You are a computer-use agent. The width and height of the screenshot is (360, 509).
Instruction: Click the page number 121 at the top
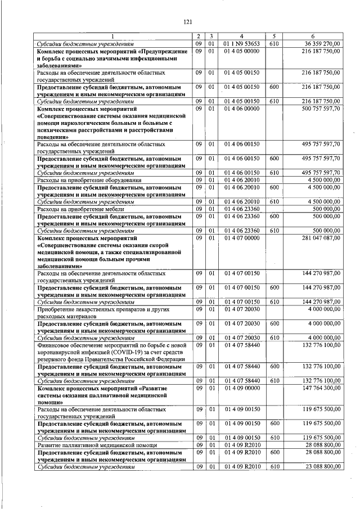[188, 22]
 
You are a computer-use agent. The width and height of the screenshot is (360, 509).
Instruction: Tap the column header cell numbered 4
[242, 35]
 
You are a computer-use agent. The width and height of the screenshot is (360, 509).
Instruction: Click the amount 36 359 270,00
[321, 43]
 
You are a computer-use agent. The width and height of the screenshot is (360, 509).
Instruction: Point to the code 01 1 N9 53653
[241, 43]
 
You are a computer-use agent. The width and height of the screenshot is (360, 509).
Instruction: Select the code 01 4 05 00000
[241, 51]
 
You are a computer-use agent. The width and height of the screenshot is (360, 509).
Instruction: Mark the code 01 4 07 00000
[241, 238]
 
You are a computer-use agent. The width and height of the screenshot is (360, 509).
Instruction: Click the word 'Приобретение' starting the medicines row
[57, 308]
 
